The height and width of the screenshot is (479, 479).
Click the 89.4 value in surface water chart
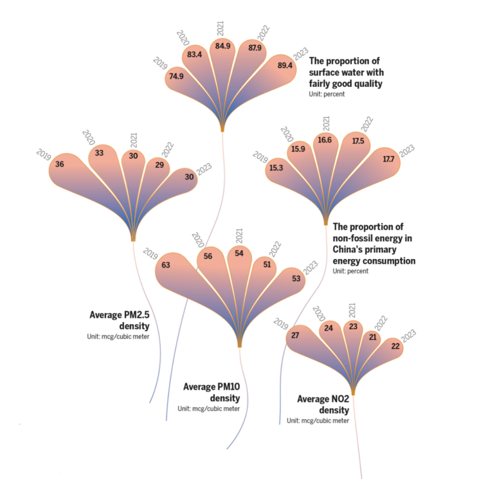(x=285, y=66)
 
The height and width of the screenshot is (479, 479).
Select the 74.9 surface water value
(x=177, y=76)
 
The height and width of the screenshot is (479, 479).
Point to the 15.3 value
(x=276, y=168)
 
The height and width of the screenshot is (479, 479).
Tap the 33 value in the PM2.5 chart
(x=100, y=153)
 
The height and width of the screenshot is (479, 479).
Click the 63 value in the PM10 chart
(x=166, y=264)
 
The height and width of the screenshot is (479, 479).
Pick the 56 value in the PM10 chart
(x=208, y=256)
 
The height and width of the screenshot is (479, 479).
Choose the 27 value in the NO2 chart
(x=296, y=335)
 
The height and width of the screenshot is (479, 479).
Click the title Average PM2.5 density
(x=119, y=320)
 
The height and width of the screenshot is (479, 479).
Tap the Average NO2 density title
(x=323, y=404)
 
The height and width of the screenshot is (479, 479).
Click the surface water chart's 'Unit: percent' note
(x=327, y=95)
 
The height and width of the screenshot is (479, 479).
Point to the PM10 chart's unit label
(x=208, y=409)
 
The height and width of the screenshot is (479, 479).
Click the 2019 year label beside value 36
(x=44, y=154)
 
